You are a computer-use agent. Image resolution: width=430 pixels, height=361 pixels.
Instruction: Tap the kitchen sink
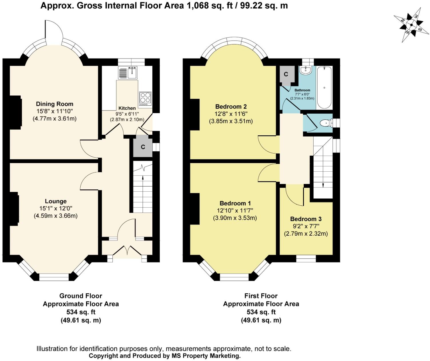click(x=128, y=73)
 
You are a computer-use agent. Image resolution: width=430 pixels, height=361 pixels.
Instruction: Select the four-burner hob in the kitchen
click(x=146, y=99)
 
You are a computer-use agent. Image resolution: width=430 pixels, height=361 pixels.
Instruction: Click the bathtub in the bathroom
click(x=324, y=87)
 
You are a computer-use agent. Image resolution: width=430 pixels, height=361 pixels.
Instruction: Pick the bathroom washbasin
click(x=306, y=70)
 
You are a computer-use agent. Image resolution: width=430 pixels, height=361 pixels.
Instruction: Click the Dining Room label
click(x=55, y=104)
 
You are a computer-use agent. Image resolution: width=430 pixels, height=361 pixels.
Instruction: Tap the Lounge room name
click(x=56, y=201)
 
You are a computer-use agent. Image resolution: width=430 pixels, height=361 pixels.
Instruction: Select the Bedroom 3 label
click(x=306, y=219)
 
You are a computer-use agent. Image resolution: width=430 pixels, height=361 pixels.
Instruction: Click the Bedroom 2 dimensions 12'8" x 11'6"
click(x=231, y=114)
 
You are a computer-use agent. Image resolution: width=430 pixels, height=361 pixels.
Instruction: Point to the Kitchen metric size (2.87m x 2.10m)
click(x=127, y=119)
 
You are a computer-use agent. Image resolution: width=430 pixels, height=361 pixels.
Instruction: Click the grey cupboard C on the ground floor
click(x=143, y=147)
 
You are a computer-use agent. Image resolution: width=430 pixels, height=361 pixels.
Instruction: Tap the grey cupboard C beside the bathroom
click(x=286, y=74)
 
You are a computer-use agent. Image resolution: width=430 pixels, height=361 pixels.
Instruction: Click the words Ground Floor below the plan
click(x=81, y=296)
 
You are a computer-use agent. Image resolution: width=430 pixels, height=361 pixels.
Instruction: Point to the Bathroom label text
click(x=302, y=90)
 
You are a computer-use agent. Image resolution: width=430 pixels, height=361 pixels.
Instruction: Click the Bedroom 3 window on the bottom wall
click(x=306, y=258)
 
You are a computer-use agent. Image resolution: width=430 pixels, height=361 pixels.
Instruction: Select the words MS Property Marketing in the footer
click(x=206, y=356)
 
